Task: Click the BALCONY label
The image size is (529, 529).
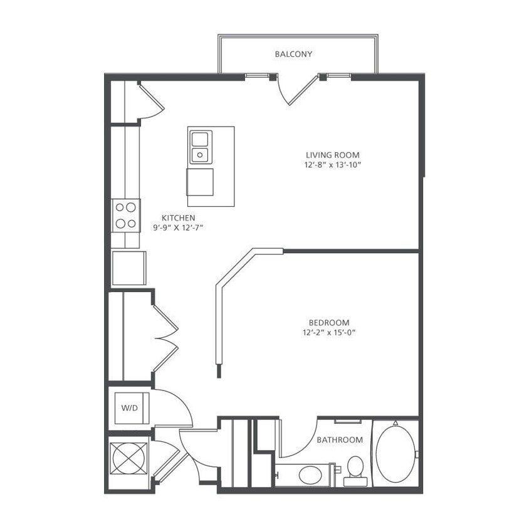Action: [x=293, y=55]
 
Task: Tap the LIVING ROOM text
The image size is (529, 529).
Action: [x=333, y=155]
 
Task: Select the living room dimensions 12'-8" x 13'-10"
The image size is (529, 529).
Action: [x=333, y=165]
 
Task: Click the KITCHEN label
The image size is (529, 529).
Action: [x=179, y=217]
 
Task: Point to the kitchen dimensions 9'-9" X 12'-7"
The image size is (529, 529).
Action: [x=179, y=228]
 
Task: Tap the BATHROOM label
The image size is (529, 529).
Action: [x=339, y=440]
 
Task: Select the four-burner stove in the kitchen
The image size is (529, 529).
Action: [x=125, y=214]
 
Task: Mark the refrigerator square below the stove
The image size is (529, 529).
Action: [x=128, y=268]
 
